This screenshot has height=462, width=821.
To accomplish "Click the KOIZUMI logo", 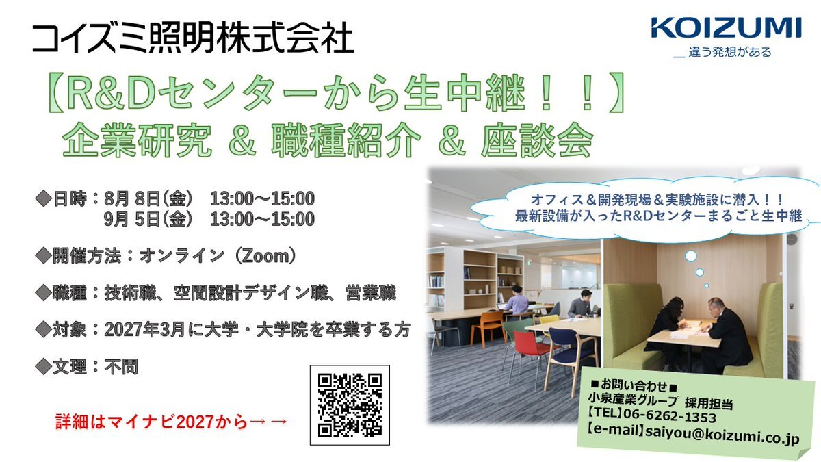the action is pos(726,28).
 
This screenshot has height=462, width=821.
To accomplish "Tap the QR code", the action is pos(350,405).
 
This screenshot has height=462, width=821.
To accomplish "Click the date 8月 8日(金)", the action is pos(148,198).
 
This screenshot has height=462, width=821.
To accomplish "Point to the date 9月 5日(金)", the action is pos(148,219).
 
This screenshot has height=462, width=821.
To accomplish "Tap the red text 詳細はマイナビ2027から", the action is pos(152,422).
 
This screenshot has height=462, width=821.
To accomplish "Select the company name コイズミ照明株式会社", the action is pos(193,38).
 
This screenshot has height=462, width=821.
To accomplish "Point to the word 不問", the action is pos(121,367).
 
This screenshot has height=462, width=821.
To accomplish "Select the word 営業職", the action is pos(370,293).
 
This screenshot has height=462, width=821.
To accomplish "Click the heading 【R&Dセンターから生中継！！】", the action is pos(336,92).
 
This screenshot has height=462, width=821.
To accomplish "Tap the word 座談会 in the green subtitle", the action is pos(537,141).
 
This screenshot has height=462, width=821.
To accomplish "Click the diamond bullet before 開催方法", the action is pos(43,255).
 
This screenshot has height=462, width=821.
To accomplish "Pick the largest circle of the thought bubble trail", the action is pos(690,256).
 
